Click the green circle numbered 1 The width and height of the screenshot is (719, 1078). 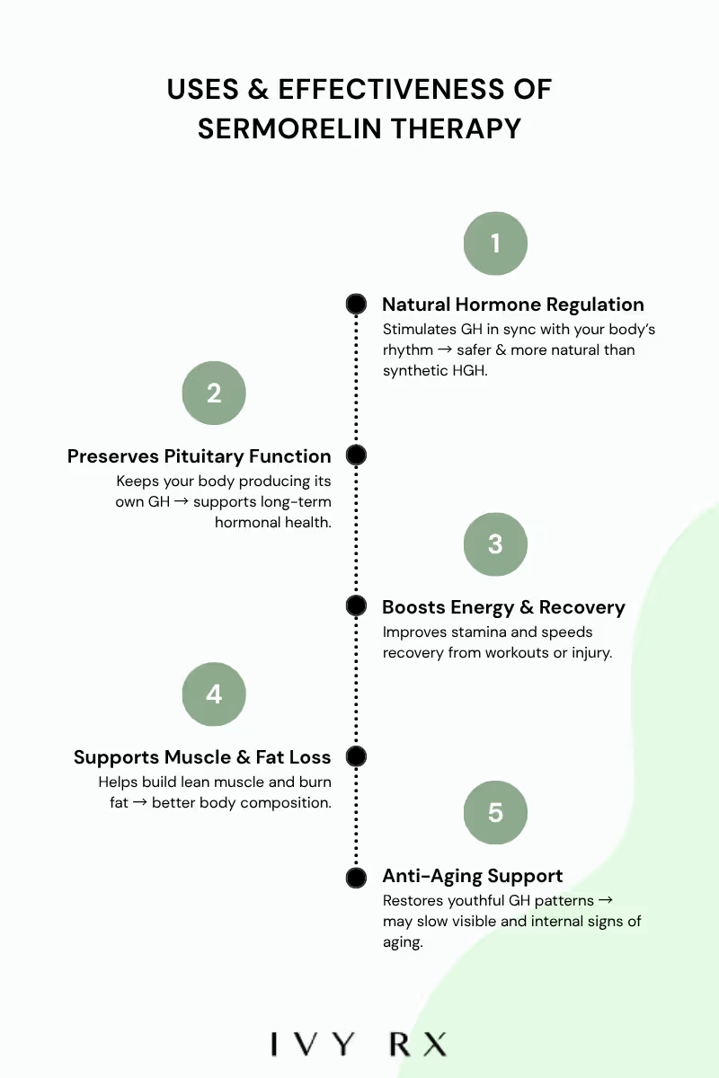point(495,243)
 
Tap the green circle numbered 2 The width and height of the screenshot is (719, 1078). point(214,393)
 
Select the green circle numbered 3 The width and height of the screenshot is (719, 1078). point(495,544)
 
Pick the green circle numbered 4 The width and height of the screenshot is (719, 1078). point(214,694)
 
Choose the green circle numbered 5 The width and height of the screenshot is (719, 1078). point(495,813)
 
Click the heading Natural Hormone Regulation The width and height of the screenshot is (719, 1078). point(512,305)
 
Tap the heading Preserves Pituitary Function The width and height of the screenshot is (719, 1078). point(200,456)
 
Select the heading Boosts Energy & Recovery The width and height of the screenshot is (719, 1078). point(503,607)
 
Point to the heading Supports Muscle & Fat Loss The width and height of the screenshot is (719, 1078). point(202,757)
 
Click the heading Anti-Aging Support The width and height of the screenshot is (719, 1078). point(473,876)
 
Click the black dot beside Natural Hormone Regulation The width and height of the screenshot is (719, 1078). point(356,305)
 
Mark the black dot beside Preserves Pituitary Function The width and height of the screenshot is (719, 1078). point(356,455)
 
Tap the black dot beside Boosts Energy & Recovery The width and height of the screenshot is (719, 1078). point(356,606)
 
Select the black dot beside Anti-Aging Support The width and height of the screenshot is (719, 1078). point(356,877)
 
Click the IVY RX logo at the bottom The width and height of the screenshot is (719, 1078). point(359,1045)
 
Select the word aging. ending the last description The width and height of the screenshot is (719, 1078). point(403,942)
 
